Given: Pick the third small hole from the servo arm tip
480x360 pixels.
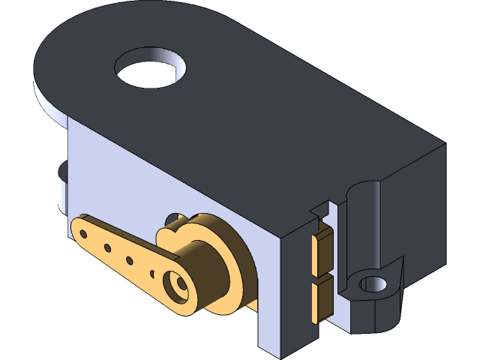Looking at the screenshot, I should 130,261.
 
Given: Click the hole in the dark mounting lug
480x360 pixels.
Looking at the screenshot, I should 371,284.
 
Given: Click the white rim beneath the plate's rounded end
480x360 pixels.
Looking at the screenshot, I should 49,104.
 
